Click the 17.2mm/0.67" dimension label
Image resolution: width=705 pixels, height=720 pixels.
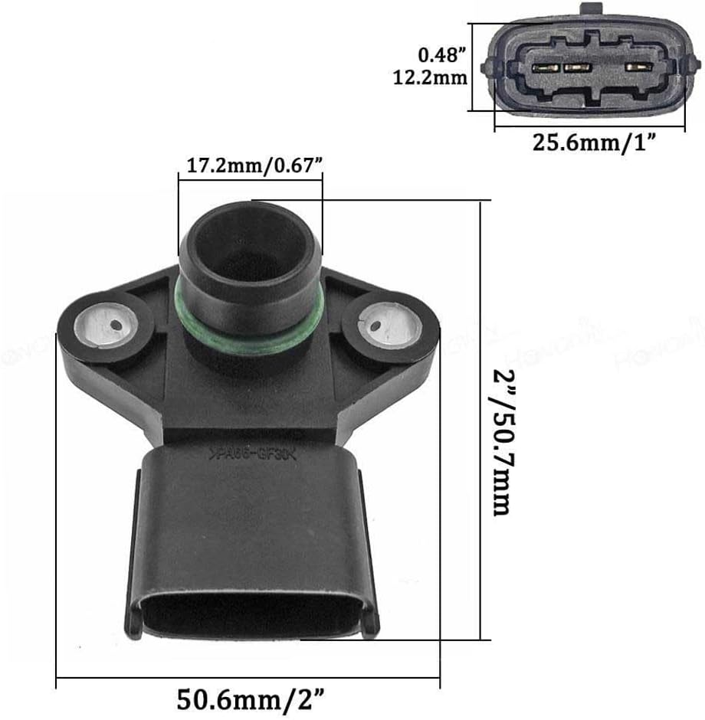click(x=250, y=165)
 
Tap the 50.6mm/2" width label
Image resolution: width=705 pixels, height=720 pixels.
click(x=249, y=698)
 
